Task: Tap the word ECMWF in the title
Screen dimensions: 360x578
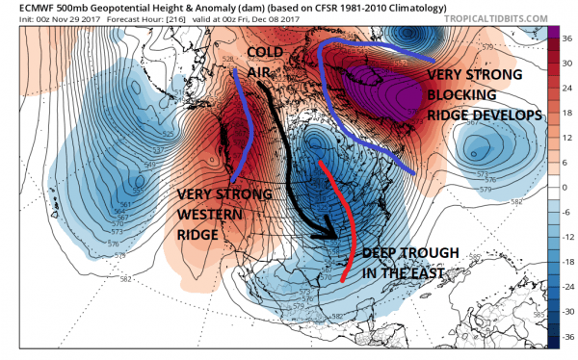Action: [27, 6]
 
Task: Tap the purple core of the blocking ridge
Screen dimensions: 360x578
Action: [390, 91]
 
